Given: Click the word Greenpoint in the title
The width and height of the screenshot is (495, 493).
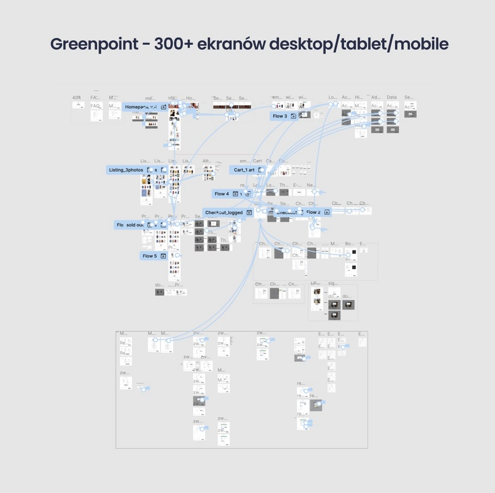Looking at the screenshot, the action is point(94,44).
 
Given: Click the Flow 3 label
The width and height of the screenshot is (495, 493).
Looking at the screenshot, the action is point(280,116).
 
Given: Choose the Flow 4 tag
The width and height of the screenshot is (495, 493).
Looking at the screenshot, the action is point(222,194).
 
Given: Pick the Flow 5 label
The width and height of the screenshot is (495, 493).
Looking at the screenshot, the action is point(149,256).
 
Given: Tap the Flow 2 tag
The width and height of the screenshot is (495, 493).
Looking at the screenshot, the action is point(313,212).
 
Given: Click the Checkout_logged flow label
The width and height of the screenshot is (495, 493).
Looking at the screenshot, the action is point(224,212).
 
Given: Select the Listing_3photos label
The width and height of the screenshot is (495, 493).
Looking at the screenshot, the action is point(126,170).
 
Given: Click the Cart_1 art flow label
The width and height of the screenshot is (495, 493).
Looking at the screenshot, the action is point(244,170).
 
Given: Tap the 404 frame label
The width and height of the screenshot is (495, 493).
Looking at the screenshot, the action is point(76,97).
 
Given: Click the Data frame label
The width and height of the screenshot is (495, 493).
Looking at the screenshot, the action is point(392,97).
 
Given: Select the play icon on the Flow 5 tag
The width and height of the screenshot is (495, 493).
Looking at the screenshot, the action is point(164,256).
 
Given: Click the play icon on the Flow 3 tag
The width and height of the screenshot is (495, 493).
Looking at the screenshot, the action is point(294,116).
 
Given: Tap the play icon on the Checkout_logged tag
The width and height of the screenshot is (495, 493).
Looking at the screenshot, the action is point(249,212).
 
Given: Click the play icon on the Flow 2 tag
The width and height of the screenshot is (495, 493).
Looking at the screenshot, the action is point(327,212).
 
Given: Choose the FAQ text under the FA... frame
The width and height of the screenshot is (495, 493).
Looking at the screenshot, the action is point(96,106).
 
